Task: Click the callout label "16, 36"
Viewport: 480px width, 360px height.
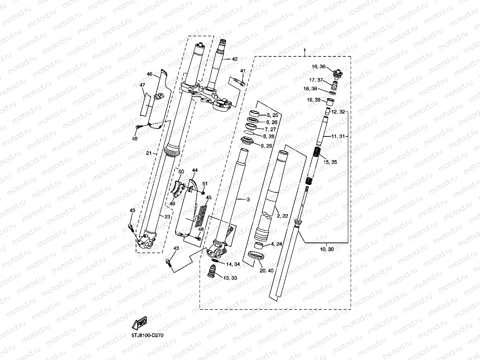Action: coord(319,67)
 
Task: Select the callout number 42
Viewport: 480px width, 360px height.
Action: coord(235,59)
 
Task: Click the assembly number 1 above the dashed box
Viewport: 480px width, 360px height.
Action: coord(304,51)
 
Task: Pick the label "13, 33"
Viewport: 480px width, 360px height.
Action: coord(230,278)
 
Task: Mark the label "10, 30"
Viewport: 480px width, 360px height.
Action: coord(327,249)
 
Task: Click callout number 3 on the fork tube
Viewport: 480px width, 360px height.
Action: coord(248,200)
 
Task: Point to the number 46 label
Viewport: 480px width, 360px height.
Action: coord(149,74)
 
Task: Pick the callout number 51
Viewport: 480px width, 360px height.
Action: coord(205,183)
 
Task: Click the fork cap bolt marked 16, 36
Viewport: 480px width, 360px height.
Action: coord(337,74)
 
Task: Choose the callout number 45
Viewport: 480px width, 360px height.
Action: coord(209,198)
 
